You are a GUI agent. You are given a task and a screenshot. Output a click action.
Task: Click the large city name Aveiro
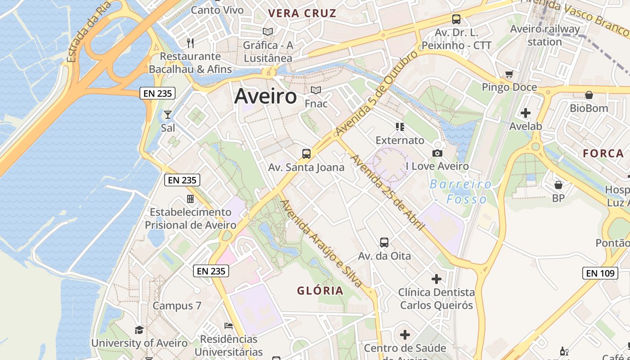pyautogui.click(x=265, y=96)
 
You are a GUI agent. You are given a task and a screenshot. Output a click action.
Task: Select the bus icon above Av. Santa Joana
pyautogui.click(x=306, y=154)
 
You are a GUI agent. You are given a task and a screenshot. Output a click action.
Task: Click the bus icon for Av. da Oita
pyautogui.click(x=384, y=243)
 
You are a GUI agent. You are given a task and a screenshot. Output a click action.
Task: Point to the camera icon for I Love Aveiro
pyautogui.click(x=437, y=153)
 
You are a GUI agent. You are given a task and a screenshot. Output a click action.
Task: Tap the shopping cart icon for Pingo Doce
pyautogui.click(x=509, y=74)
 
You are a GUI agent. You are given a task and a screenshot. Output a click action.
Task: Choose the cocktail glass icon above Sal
pyautogui.click(x=168, y=115)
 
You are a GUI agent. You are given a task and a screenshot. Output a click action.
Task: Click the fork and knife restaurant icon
pyautogui.click(x=190, y=43)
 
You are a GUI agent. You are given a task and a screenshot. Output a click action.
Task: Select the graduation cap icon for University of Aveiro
pyautogui.click(x=139, y=330)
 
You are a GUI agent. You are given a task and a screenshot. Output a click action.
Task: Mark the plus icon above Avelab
pyautogui.click(x=526, y=113)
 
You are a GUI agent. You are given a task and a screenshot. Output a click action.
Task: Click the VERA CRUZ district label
pyautogui.click(x=302, y=13)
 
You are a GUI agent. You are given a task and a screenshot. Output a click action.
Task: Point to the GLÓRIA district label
pyautogui.click(x=320, y=291)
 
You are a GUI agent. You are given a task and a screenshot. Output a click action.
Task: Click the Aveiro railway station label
pyautogui.click(x=545, y=35)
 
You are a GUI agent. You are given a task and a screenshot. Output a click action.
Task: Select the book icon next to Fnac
pyautogui.click(x=316, y=90)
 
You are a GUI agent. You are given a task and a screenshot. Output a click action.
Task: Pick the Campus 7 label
pyautogui.click(x=177, y=306)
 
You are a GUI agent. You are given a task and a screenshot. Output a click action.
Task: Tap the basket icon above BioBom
pyautogui.click(x=589, y=95)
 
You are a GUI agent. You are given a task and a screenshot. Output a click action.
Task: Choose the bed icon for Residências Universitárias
pyautogui.click(x=229, y=326)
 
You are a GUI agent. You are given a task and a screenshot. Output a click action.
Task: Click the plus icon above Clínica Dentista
pyautogui.click(x=436, y=279)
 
